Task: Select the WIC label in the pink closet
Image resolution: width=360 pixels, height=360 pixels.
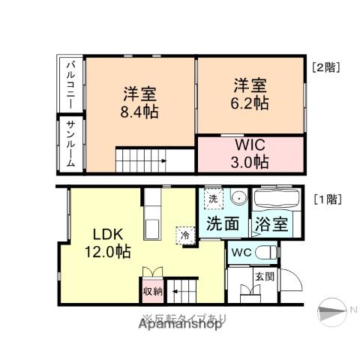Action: pos(250,144)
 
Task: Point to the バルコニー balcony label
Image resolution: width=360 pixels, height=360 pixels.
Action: pos(67,84)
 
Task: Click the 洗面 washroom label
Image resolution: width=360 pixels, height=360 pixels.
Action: pos(223,223)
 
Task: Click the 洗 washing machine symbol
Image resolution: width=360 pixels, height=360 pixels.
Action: pos(214,199)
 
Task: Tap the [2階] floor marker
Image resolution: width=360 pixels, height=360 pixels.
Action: pos(326,66)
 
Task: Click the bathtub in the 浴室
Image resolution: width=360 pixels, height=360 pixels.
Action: pos(275,200)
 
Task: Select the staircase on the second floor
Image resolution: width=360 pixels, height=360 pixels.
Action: pos(139,159)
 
